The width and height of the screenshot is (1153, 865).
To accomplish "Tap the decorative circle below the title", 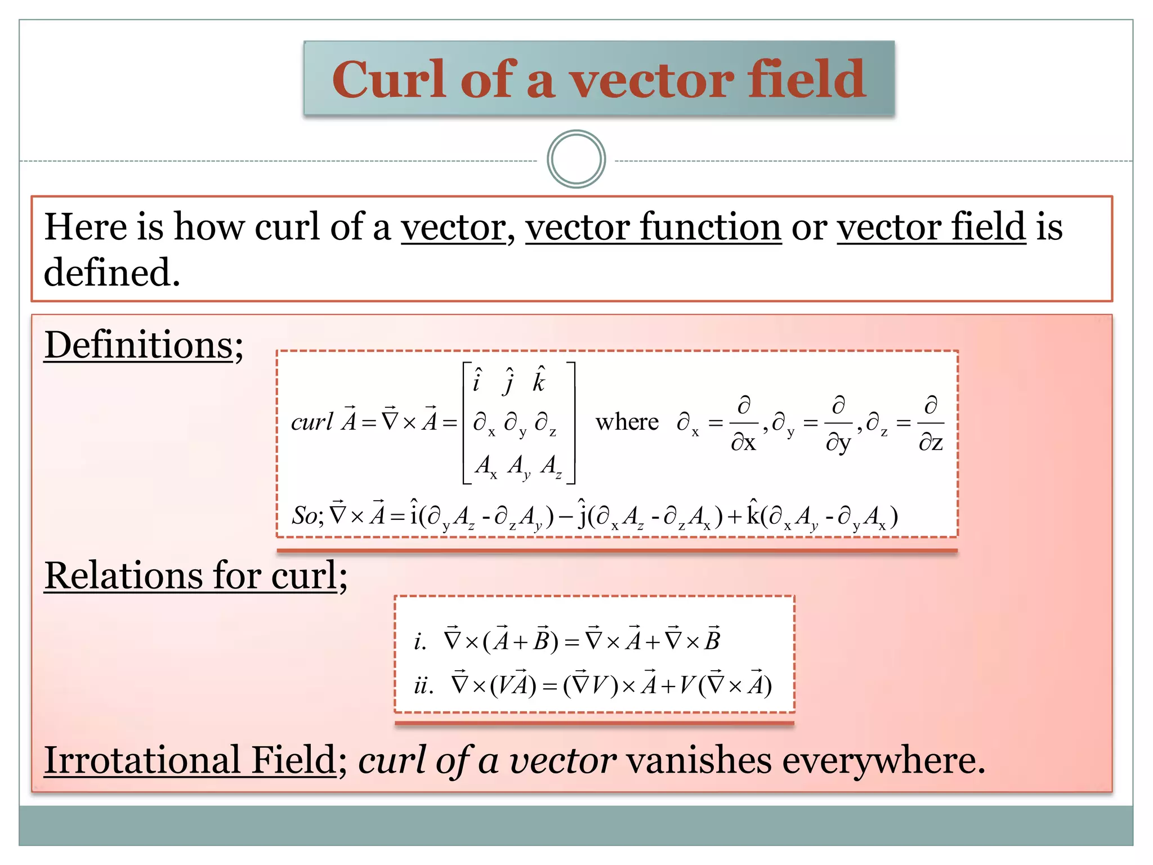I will [576, 159].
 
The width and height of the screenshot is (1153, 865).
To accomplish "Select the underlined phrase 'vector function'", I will [653, 227].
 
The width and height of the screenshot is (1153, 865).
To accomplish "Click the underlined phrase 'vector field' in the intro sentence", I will [931, 227].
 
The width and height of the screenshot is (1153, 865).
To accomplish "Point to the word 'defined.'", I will [112, 273].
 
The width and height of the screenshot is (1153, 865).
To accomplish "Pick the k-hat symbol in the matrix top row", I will [539, 381].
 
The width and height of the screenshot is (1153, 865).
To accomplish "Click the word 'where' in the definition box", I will [627, 422].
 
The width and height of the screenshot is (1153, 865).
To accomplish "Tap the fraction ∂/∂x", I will [744, 424].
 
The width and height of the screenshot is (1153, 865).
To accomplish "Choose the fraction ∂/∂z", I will [931, 424].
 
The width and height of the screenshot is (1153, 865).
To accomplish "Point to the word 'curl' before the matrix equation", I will [312, 422].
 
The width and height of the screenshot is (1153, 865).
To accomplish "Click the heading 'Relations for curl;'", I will [195, 576].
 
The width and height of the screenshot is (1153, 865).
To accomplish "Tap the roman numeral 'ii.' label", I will [423, 686].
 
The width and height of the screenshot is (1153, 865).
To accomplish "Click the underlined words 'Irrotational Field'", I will [190, 760].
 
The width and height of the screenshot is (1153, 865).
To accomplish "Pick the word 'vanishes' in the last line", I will [699, 760].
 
